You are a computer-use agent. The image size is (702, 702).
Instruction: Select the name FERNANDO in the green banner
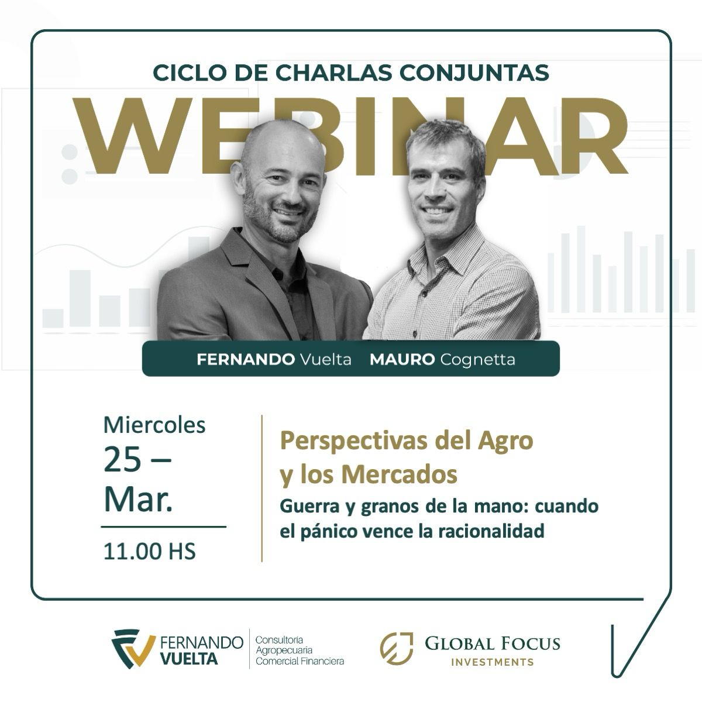246,359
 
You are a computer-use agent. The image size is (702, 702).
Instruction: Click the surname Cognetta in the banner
477,359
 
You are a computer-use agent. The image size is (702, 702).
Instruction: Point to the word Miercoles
154,425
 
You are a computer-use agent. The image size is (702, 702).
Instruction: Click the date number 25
123,460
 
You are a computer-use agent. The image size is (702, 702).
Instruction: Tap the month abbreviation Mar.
138,500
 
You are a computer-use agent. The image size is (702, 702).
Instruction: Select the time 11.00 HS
149,551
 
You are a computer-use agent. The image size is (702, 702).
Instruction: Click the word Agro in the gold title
507,441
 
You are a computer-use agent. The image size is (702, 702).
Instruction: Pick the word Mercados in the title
400,474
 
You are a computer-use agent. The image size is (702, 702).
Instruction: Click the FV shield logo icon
133,648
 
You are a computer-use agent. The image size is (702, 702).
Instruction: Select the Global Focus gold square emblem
396,649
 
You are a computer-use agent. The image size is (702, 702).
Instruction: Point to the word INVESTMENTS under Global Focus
493,662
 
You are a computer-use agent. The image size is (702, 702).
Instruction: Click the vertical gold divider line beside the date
261,488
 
